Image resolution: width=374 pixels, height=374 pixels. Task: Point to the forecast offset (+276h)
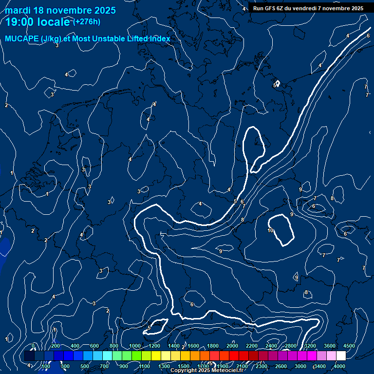coord(87,21)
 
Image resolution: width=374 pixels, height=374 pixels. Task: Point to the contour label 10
coord(270,230)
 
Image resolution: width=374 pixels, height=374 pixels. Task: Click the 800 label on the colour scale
coord(114,346)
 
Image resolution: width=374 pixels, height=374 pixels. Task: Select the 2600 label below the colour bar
coord(281,366)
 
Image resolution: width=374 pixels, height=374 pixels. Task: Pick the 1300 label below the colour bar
coord(164,366)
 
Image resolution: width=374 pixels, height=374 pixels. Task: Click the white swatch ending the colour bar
coord(341,356)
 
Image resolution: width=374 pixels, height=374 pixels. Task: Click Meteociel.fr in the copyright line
coord(227,371)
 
